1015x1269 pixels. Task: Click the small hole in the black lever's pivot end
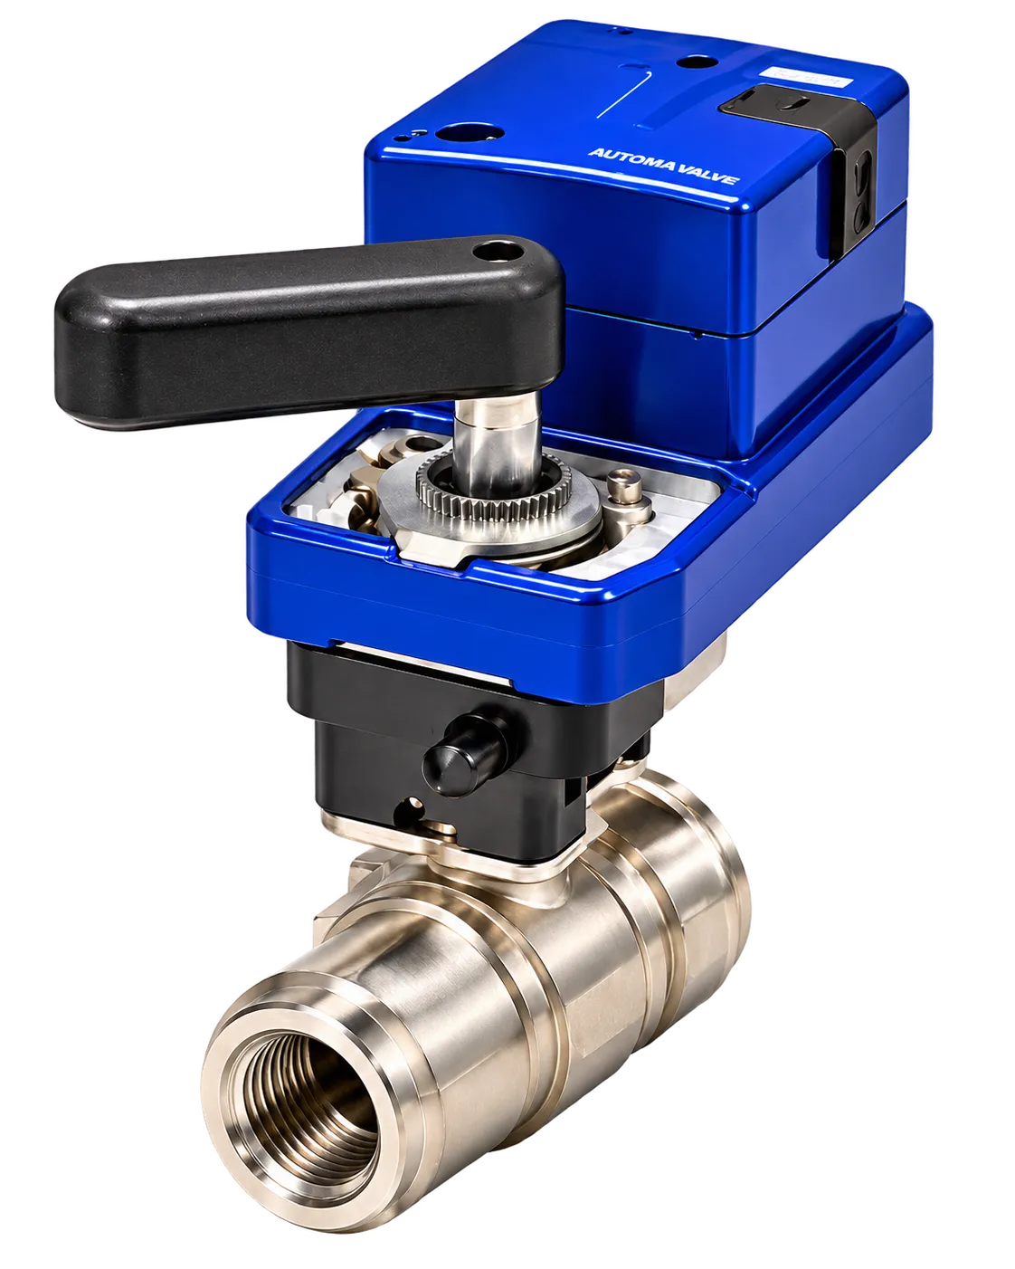[x=498, y=253]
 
